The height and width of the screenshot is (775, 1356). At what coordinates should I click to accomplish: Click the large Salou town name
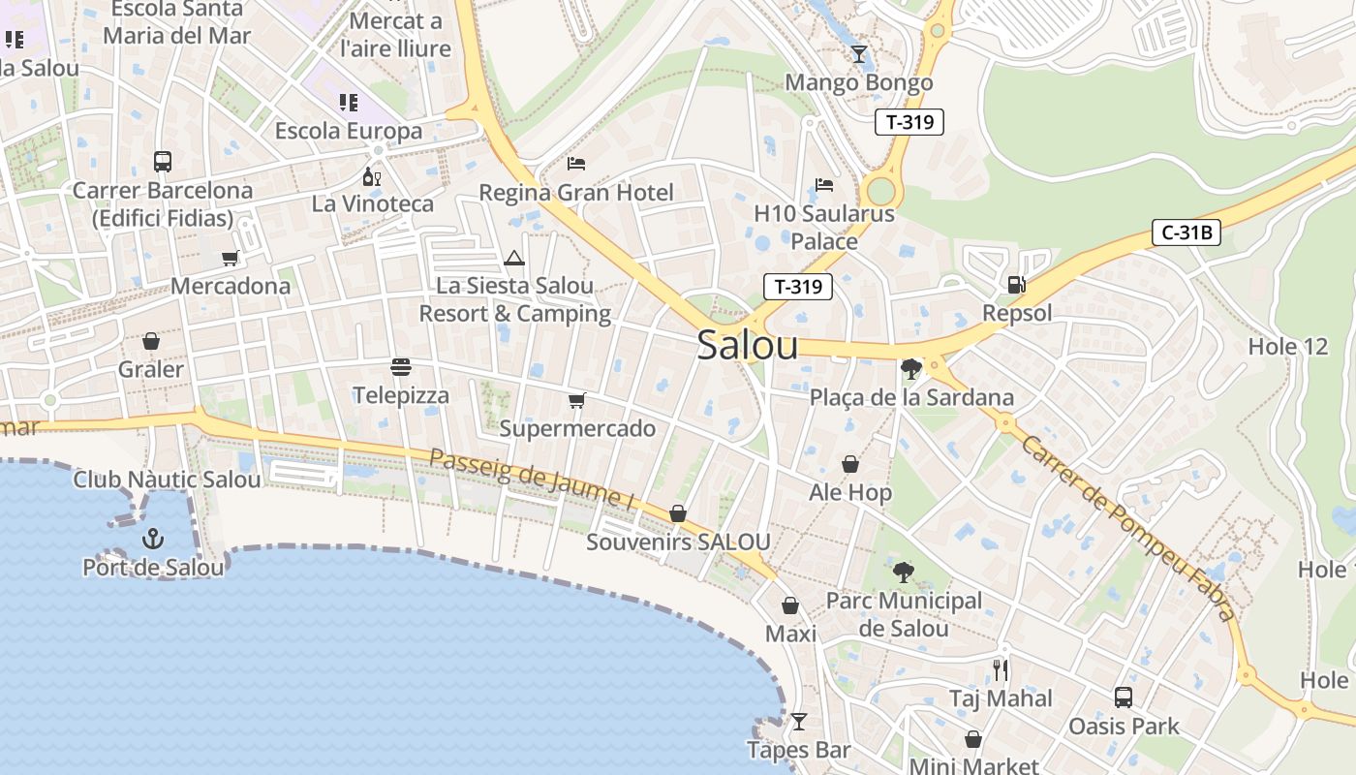coord(747,346)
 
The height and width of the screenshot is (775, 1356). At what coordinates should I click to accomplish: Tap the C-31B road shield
coord(1186,232)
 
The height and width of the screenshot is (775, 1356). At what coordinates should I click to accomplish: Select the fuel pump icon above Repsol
coord(1016,285)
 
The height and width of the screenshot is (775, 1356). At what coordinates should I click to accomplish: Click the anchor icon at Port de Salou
coord(152,539)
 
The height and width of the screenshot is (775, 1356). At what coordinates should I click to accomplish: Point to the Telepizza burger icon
coord(401,367)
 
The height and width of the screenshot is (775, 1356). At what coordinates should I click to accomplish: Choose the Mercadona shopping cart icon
coord(230,258)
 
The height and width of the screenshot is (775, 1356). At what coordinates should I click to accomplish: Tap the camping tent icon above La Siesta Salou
coord(513,258)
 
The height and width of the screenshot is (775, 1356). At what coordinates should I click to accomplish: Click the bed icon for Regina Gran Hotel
coord(576,163)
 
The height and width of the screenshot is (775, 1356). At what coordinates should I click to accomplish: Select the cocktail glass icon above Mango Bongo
coord(858,53)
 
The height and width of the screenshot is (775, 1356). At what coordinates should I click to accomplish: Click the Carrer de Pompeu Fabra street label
coord(1128,528)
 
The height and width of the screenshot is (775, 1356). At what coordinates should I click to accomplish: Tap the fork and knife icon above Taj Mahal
coord(1001,669)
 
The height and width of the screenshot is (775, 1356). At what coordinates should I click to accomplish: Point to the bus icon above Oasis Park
coord(1123,697)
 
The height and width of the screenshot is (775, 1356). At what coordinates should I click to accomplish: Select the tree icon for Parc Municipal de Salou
coord(904,573)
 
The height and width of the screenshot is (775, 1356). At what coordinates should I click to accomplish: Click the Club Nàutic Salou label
coord(167,480)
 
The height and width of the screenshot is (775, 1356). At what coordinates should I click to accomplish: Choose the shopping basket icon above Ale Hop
coord(849,464)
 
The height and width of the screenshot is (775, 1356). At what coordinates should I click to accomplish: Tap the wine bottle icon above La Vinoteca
coord(371,176)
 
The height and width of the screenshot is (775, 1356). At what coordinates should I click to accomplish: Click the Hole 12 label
coord(1287,347)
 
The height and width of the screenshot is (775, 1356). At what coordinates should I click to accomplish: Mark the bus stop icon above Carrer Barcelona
coord(163,162)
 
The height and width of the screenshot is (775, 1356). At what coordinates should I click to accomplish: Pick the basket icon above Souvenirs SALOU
coord(678,513)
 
